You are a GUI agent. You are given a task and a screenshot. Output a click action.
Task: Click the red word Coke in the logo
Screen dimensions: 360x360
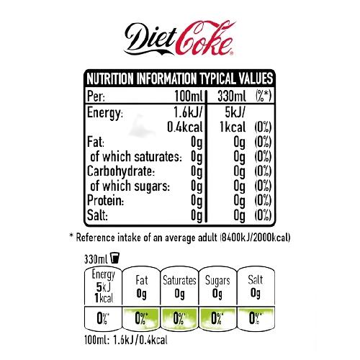click(204, 37)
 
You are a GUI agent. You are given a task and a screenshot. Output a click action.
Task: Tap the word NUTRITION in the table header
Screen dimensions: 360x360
click(110, 78)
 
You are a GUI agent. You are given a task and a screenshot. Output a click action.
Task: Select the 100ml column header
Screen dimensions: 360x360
click(189, 96)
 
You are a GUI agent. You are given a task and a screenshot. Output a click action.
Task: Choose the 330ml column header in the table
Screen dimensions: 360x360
click(232, 96)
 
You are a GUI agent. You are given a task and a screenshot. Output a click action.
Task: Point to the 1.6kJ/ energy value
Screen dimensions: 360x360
click(188, 112)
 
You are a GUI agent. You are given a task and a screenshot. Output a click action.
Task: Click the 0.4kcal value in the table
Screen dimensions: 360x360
click(185, 127)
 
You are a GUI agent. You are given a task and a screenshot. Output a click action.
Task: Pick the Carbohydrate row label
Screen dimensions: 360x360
click(121, 171)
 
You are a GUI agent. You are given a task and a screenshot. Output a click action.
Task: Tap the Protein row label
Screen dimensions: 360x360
click(105, 200)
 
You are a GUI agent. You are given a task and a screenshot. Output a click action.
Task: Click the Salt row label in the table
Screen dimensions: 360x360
click(97, 215)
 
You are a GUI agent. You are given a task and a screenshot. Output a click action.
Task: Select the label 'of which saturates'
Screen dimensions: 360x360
click(136, 157)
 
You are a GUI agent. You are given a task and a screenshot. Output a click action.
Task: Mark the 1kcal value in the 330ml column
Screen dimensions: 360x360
click(233, 127)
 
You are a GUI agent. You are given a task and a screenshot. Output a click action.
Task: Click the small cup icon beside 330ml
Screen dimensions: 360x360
click(114, 258)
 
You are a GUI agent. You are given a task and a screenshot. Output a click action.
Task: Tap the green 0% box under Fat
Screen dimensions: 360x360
click(141, 318)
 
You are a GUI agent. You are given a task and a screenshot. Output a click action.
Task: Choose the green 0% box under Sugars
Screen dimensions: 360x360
click(217, 318)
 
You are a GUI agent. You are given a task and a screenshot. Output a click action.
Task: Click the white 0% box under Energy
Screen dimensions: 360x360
click(103, 318)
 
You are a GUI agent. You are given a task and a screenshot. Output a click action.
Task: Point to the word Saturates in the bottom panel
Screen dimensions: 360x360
click(179, 280)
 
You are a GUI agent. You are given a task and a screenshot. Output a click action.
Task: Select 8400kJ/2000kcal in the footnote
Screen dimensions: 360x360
click(255, 238)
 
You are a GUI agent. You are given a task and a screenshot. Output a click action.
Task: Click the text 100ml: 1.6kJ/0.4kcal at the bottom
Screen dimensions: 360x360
click(126, 340)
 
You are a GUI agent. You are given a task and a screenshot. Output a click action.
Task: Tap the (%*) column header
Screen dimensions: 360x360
click(264, 96)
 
